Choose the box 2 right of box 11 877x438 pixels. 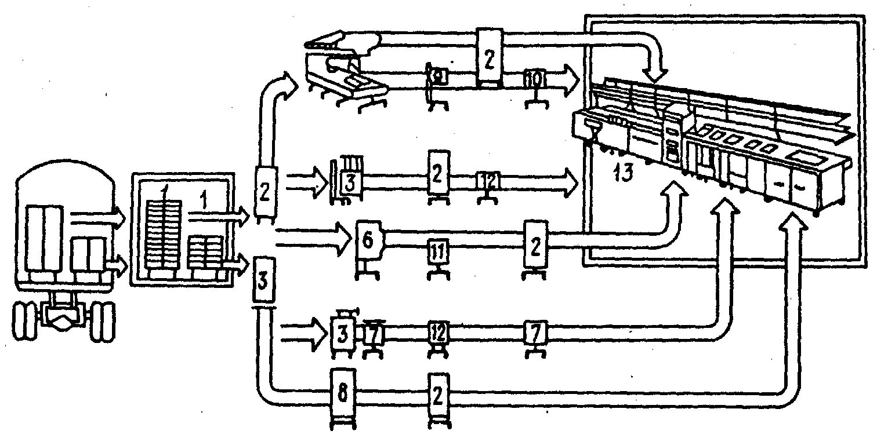(x=534, y=245)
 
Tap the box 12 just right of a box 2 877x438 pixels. (x=487, y=180)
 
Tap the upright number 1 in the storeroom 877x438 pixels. (x=203, y=201)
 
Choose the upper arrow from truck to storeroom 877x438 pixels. (x=97, y=218)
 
